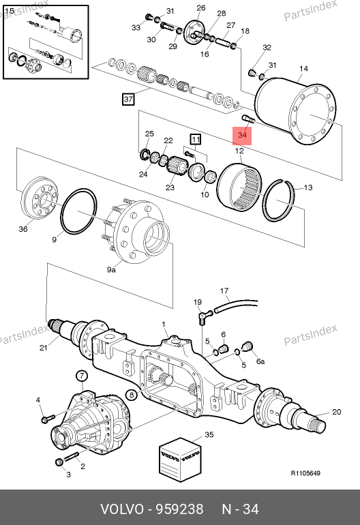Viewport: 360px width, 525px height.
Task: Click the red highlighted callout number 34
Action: tap(242, 135)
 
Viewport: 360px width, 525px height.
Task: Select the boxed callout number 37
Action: tap(128, 100)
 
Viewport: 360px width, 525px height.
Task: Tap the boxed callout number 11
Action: tap(196, 139)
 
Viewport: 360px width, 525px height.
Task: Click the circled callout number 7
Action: tap(82, 376)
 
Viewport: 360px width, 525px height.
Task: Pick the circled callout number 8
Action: tap(132, 395)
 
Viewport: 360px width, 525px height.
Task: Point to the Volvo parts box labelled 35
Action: tap(181, 460)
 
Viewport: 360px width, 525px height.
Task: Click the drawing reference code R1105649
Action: tap(305, 473)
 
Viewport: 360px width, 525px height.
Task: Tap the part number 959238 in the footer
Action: tap(180, 509)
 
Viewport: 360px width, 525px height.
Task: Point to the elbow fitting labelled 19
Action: tap(204, 316)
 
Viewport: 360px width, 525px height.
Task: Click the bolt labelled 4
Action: tap(48, 419)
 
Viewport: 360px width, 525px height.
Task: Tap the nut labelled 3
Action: tap(59, 462)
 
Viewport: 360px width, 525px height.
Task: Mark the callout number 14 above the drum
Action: tap(303, 69)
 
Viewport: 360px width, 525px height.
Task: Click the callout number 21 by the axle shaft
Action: tap(43, 348)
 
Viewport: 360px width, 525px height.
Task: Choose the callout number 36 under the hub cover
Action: tap(22, 229)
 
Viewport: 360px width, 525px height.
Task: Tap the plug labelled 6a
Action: tap(247, 347)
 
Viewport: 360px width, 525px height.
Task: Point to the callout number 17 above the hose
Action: tap(224, 291)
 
